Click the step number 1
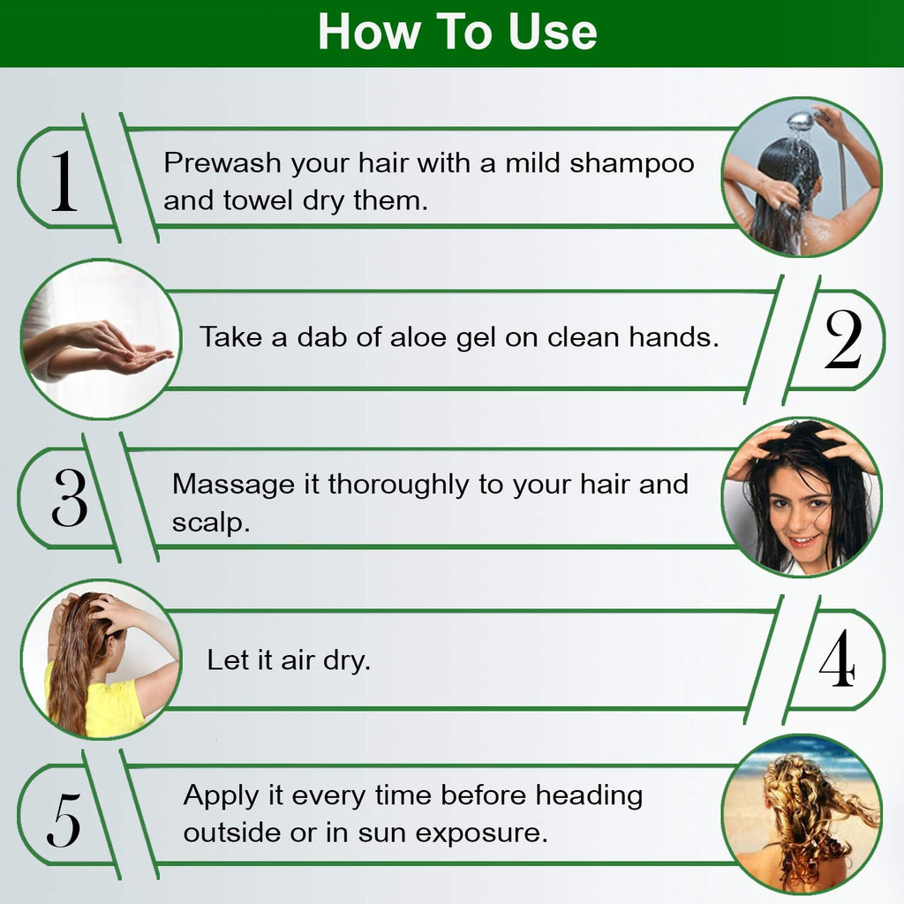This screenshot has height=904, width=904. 64,181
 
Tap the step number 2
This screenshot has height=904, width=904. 843,339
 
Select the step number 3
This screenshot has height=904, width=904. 69,497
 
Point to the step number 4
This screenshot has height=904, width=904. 837,658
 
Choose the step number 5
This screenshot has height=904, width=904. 64,819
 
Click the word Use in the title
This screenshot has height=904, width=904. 552,32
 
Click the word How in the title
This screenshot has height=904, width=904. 369,32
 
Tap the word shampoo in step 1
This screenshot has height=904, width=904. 632,164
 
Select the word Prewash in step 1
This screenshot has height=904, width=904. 222,162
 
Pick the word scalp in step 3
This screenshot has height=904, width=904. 210,523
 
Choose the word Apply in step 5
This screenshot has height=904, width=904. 222,797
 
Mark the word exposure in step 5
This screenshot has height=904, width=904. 481,833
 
